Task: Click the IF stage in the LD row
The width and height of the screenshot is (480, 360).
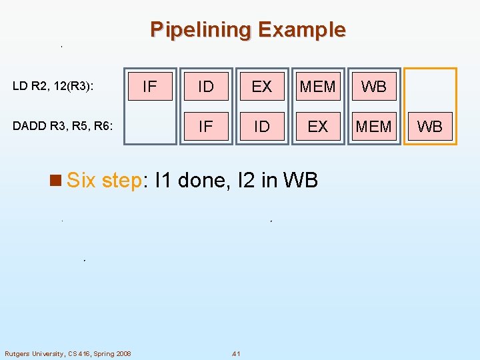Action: point(150,86)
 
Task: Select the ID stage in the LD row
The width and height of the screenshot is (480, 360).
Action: point(206,86)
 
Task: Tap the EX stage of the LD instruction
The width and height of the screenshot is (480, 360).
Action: point(262,86)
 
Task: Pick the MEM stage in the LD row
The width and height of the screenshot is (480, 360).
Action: point(318,86)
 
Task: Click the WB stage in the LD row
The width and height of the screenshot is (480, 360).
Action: point(374,86)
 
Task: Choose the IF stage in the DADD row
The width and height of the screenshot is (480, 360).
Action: point(206,126)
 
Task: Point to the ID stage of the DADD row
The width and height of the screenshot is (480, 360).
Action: point(262,126)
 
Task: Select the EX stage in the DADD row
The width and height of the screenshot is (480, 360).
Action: point(318,126)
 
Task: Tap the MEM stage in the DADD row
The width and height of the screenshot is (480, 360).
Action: point(374,126)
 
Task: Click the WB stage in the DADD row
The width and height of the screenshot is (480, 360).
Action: point(430,126)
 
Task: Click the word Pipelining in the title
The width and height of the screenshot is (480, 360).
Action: point(201,30)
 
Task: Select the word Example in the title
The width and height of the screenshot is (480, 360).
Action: point(301,30)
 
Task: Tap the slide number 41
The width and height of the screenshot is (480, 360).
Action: point(235,353)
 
